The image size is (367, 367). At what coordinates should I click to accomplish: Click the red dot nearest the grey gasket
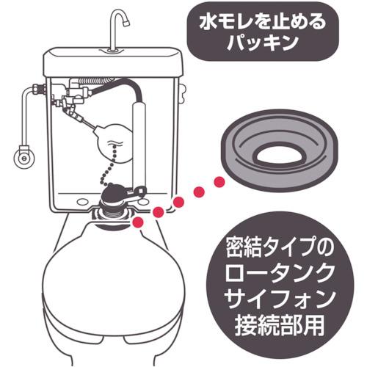pos(218,181)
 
